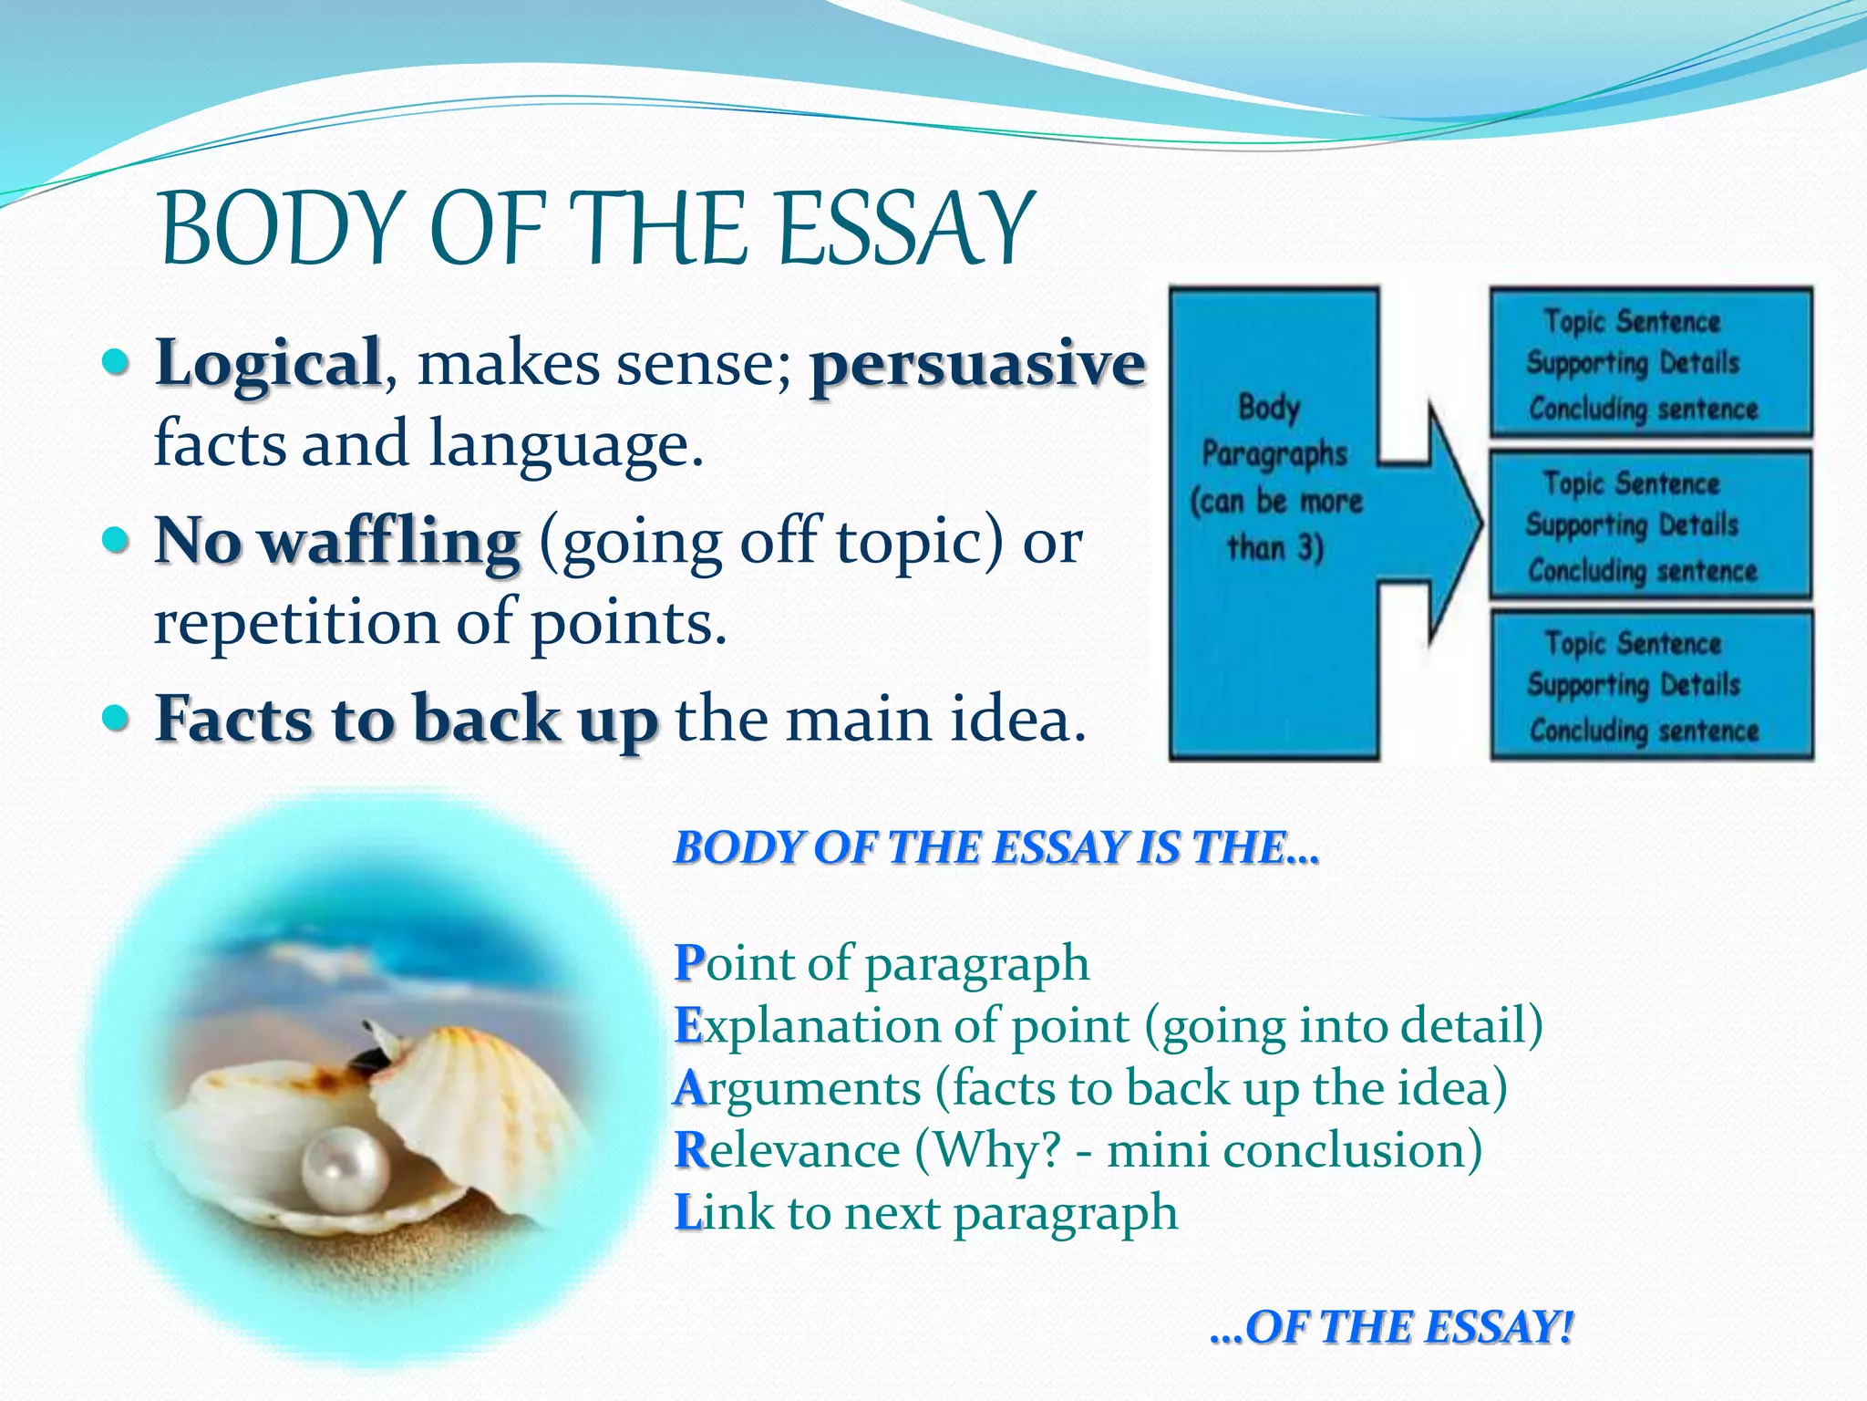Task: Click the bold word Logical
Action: [x=268, y=363]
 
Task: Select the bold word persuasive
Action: [x=977, y=363]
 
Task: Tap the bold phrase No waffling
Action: [x=337, y=541]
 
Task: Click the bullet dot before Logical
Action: [x=116, y=363]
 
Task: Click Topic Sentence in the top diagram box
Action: [x=1632, y=321]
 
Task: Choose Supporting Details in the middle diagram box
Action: [x=1632, y=524]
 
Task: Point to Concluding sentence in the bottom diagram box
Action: [x=1644, y=730]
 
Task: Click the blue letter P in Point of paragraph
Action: [x=689, y=963]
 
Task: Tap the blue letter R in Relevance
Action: [x=691, y=1150]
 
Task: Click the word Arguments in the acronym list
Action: [x=799, y=1088]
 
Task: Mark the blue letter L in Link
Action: [x=687, y=1213]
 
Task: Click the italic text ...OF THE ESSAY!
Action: [x=1391, y=1326]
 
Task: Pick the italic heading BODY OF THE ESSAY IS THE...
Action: [x=995, y=847]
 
